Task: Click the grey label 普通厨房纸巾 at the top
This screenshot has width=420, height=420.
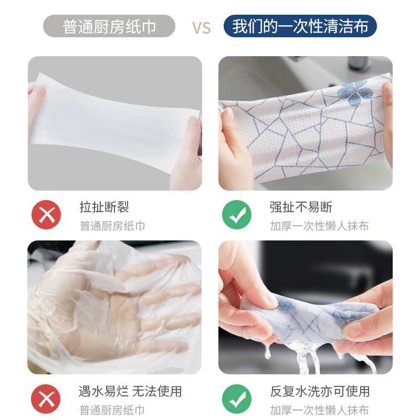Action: [x=109, y=26]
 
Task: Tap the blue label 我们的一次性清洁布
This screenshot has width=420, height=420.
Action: [x=300, y=26]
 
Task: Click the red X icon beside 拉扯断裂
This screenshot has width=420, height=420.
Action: [x=46, y=215]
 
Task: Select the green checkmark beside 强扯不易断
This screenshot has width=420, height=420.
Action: [x=237, y=215]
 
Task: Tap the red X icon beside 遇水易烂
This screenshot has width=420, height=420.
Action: [x=46, y=400]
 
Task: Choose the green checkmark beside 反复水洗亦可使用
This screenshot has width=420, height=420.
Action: [x=237, y=400]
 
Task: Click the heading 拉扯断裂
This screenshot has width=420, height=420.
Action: [x=104, y=207]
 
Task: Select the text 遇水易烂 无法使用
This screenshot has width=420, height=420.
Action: [x=130, y=391]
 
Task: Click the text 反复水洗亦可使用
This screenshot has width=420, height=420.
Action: [x=320, y=391]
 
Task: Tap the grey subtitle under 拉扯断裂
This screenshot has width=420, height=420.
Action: [x=112, y=226]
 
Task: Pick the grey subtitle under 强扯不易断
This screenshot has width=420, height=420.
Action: [x=319, y=226]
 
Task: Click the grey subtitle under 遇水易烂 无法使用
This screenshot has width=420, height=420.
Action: [x=112, y=410]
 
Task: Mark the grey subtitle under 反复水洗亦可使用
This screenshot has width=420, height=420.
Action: [x=319, y=410]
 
